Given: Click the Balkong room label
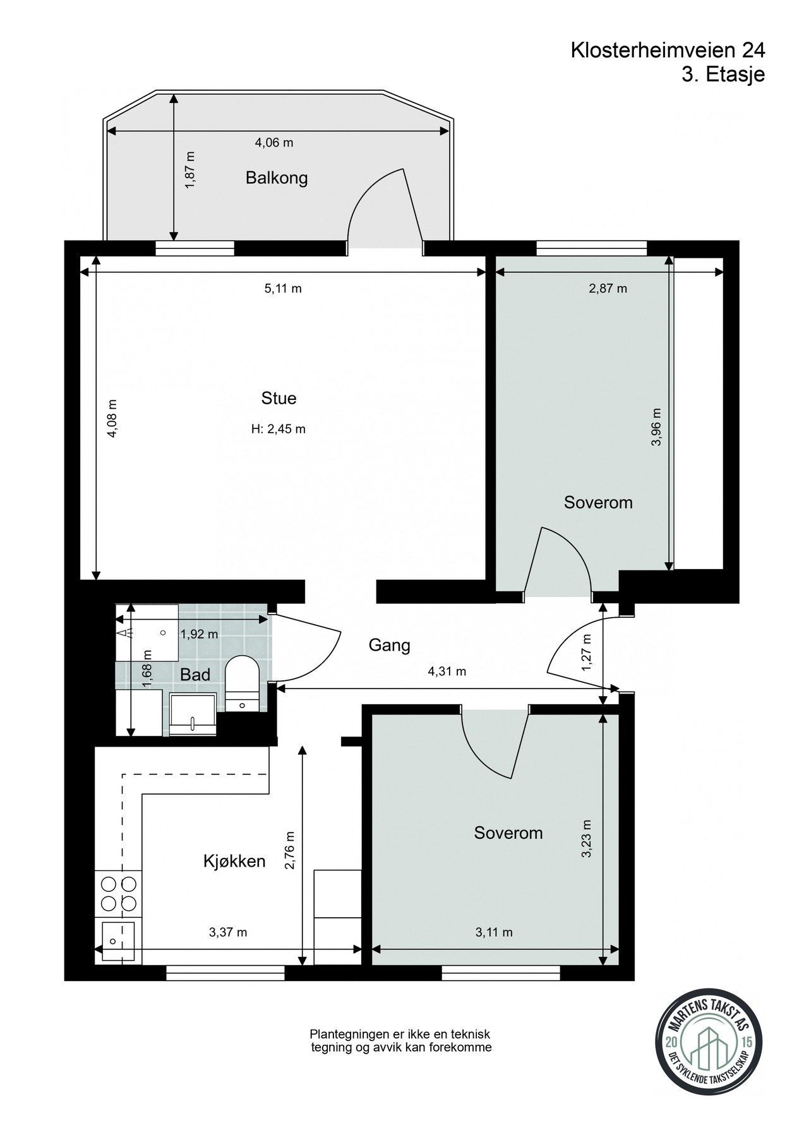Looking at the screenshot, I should coord(277,177).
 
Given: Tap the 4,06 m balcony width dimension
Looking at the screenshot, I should coord(274,143).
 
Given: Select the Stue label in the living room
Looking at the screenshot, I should coord(279,399).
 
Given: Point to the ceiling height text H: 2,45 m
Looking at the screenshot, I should coord(279,430).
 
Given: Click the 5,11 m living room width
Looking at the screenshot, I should coord(283,289).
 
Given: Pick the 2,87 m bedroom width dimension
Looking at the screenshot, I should coord(608,289).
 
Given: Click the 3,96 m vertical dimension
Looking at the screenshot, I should coord(657,427).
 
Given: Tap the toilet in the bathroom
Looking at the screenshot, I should coord(242,683).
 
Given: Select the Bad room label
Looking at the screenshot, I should coord(195,675).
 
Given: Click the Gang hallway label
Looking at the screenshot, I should coord(390,646).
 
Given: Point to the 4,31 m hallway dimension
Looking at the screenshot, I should coord(447,671).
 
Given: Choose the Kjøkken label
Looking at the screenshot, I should coord(234,861).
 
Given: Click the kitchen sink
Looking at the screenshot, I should coord(118,941).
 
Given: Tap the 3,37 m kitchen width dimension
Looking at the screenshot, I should coord(228,932).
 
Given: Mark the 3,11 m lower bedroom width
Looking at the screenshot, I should coord(494,932).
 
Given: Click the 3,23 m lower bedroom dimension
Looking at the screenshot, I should coord(587,838).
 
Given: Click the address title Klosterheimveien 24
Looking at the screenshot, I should coord(668,51).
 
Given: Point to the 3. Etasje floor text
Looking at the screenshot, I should coord(723,75).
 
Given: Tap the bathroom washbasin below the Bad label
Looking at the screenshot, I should coord(193,714).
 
